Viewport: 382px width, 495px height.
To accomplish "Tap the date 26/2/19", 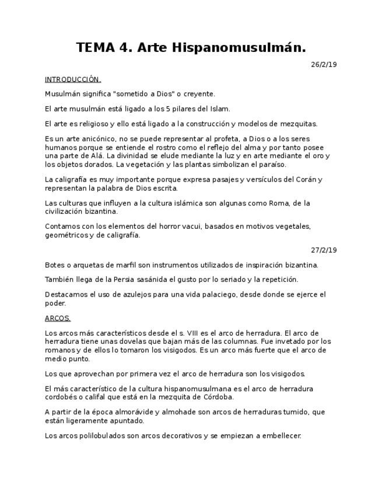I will click(324, 65).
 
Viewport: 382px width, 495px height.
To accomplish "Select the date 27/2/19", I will click(324, 250).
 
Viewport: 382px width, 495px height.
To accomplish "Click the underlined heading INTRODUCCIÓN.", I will click(73, 79).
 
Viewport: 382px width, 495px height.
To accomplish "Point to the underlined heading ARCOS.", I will click(58, 318).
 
